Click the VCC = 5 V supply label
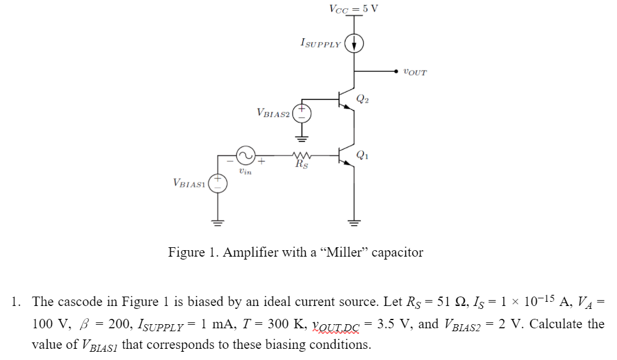tap(354, 8)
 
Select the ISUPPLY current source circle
tap(354, 44)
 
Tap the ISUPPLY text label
tap(320, 43)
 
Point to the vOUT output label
tap(415, 72)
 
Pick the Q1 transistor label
tap(363, 155)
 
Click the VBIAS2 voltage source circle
tap(302, 112)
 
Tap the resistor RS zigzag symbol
tap(301, 156)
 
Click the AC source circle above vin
tap(245, 156)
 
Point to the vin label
tap(245, 171)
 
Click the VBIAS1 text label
tap(189, 183)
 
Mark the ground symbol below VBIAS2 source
tap(302, 139)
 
